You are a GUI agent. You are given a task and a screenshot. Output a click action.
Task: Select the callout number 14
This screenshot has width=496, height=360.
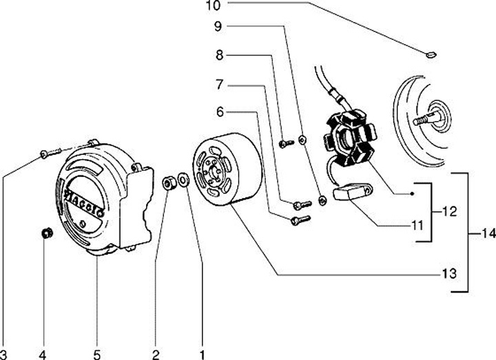[487, 234]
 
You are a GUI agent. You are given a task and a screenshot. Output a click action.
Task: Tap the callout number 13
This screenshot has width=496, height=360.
[448, 274]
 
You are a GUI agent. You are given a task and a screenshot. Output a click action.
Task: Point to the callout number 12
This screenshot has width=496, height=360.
[448, 212]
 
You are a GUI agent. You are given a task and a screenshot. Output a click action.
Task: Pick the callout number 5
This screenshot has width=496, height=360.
[96, 354]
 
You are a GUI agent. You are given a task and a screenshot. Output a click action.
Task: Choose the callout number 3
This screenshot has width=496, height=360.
[4, 354]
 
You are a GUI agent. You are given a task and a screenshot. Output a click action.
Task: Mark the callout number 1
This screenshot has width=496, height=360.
[202, 354]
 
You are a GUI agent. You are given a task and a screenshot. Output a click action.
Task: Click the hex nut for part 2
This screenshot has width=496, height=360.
[167, 183]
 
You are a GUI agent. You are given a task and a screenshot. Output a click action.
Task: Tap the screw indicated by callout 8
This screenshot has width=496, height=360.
[286, 142]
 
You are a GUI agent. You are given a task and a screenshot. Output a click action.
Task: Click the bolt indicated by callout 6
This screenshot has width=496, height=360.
[301, 220]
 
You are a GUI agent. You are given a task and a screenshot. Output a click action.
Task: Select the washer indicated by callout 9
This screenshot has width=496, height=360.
[302, 141]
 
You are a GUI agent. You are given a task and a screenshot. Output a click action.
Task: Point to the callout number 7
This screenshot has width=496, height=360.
[219, 86]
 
